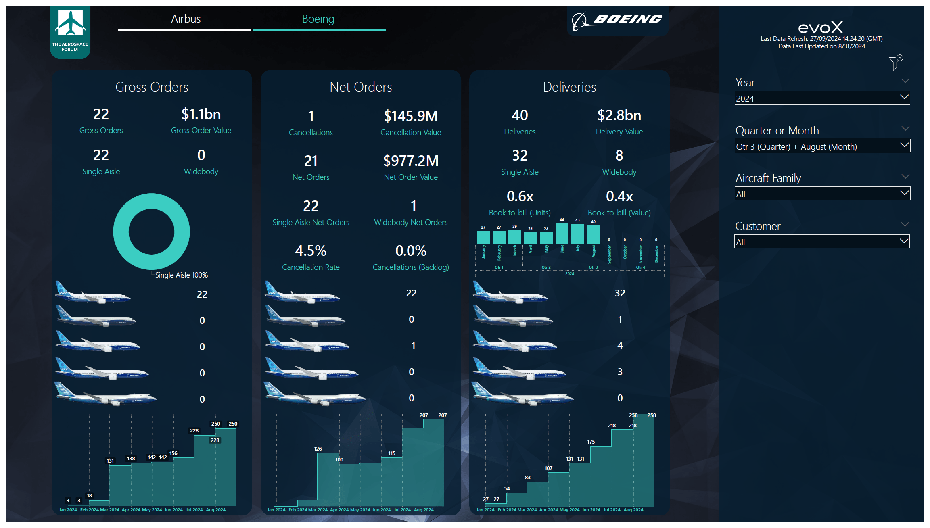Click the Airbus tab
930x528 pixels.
point(185,19)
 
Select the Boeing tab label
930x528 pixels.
point(318,19)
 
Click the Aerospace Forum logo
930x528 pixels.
point(70,31)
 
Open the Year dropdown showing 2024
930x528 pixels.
point(822,98)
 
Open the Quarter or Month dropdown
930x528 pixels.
point(822,146)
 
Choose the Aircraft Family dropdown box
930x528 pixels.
point(822,194)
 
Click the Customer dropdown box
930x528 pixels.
point(822,242)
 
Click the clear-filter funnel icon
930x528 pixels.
point(895,63)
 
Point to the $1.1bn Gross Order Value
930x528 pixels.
point(201,115)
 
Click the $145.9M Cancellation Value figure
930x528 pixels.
point(411,117)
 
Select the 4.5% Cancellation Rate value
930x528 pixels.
point(311,251)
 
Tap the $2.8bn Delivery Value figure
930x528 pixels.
point(619,116)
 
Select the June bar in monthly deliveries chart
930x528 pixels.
point(562,234)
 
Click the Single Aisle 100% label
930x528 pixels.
point(181,275)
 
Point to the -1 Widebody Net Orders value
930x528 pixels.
point(411,206)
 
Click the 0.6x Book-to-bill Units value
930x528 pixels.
point(520,197)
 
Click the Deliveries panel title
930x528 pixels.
point(569,87)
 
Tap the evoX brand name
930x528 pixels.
point(821,27)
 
